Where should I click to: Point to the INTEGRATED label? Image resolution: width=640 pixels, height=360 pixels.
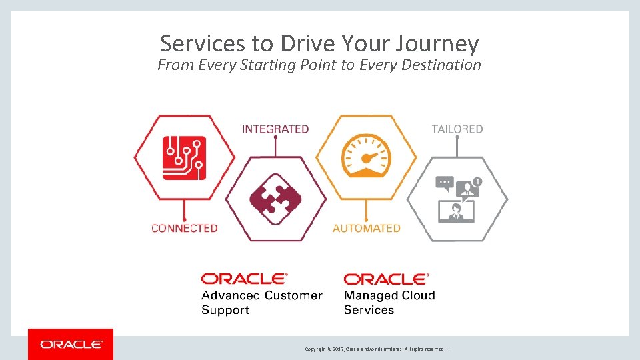point(275,129)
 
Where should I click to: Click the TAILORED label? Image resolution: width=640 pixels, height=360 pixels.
point(457,129)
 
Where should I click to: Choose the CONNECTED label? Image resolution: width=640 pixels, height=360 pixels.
point(185,228)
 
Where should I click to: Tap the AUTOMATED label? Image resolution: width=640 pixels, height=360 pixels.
point(367,228)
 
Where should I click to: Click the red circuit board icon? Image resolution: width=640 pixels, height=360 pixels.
point(185,157)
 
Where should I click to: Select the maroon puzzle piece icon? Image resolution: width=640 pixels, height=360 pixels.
point(275,199)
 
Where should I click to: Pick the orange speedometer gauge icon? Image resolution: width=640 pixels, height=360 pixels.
point(367,157)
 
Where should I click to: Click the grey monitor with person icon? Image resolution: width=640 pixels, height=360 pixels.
point(456,211)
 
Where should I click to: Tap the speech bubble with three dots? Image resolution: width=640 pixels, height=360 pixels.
point(445,182)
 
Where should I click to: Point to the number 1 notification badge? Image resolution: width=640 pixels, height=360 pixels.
point(477,181)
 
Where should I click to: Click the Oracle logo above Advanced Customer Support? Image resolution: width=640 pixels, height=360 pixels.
point(245,279)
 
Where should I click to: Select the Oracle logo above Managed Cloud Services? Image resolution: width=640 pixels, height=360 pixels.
point(387,279)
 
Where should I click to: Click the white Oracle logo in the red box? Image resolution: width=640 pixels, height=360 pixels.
point(71,345)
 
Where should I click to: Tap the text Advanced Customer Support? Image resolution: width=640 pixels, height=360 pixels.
point(261,303)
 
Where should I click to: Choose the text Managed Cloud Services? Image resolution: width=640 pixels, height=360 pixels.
point(389,303)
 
